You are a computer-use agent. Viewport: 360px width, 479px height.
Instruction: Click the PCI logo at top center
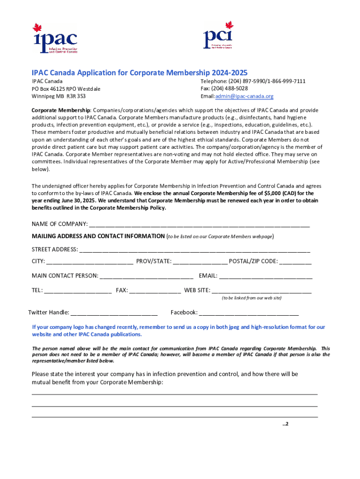pos(218,35)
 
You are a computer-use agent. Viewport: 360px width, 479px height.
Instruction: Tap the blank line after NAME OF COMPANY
pos(199,223)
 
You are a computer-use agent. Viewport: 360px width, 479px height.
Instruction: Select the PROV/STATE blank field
pos(200,261)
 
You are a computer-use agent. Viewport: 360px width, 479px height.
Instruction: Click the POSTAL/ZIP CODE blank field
pos(295,261)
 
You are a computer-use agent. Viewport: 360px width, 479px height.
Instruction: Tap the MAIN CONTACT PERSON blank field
pos(146,276)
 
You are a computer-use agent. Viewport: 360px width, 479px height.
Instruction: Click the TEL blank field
pos(78,290)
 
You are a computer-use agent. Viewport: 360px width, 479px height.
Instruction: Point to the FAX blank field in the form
pos(155,290)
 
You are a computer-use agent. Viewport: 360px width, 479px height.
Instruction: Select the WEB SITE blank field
pos(261,290)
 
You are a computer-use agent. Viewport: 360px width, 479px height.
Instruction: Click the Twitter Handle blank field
pos(114,312)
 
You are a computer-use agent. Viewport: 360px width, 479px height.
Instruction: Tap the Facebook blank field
pos(249,312)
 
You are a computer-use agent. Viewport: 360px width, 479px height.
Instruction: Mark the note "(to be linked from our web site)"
pos(252,298)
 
